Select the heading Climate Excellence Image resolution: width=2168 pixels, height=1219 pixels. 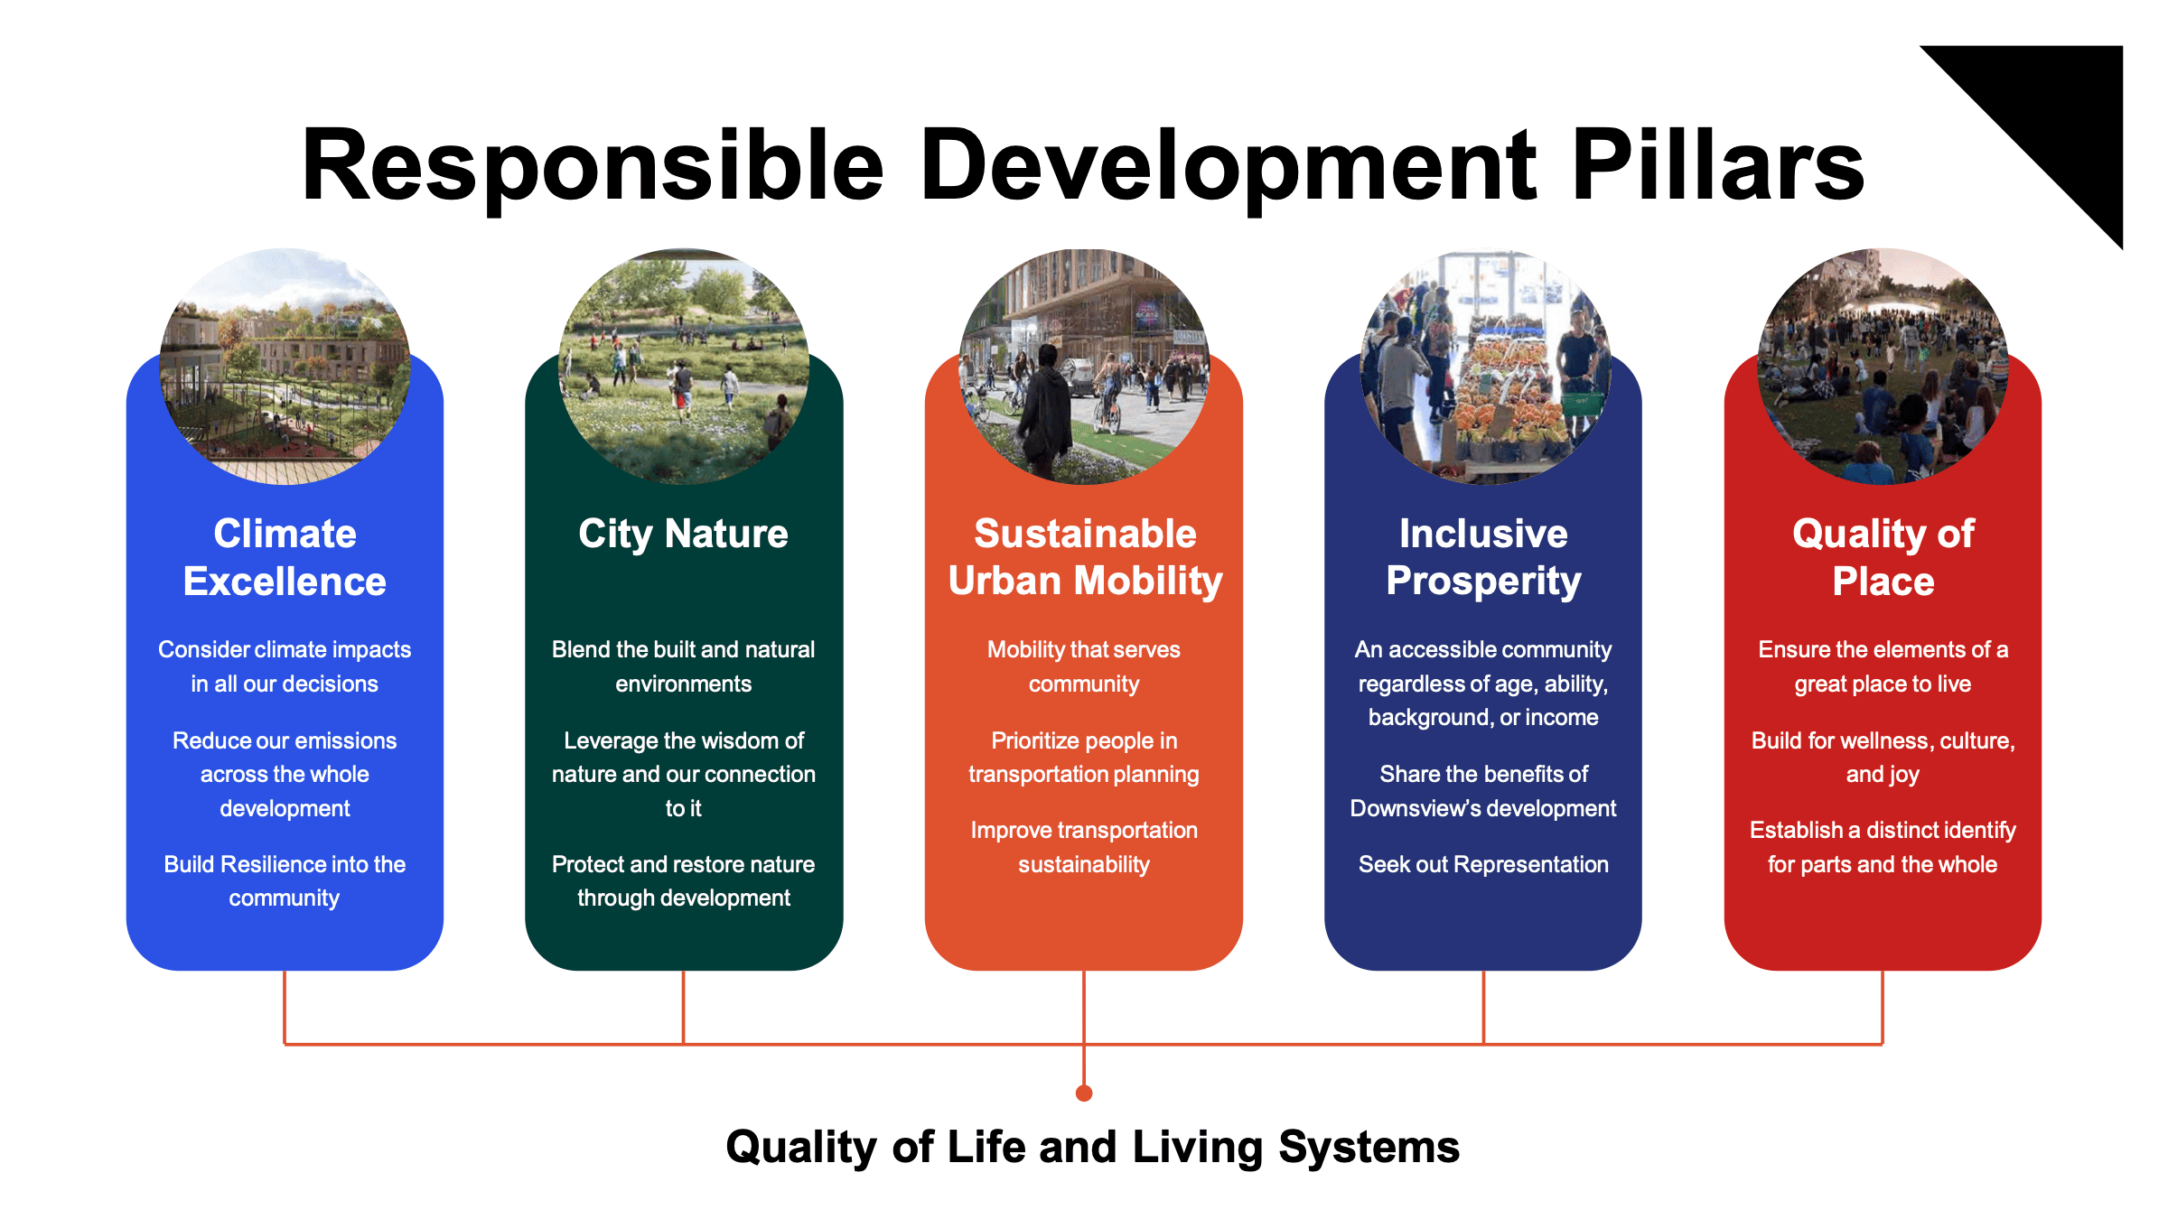pos(285,557)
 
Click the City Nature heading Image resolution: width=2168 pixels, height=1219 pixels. pos(683,534)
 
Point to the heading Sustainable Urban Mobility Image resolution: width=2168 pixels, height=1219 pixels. pos(1084,557)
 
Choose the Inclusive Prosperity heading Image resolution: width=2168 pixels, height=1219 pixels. pos(1483,557)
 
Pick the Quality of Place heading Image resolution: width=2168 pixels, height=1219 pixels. pos(1883,557)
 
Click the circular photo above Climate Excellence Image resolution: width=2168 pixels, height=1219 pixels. pos(285,367)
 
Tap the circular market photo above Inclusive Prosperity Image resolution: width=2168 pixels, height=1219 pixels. pos(1484,367)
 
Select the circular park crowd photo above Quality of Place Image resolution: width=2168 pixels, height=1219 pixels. pos(1883,367)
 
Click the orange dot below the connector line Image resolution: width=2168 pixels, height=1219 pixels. pos(1084,1093)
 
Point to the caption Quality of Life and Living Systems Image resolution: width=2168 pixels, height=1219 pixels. pos(1092,1148)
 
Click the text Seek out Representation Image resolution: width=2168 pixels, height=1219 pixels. pos(1483,864)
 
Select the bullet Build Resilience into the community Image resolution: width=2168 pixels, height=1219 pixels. pos(285,880)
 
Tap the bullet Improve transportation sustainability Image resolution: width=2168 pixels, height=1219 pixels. pos(1084,847)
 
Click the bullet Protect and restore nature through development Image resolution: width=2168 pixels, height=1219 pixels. pos(683,880)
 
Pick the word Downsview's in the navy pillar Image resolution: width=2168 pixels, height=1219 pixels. pos(1400,808)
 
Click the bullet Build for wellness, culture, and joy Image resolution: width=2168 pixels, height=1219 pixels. pos(1883,757)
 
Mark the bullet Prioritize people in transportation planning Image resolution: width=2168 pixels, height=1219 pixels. pos(1084,757)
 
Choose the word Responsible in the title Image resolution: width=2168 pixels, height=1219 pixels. pos(592,164)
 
